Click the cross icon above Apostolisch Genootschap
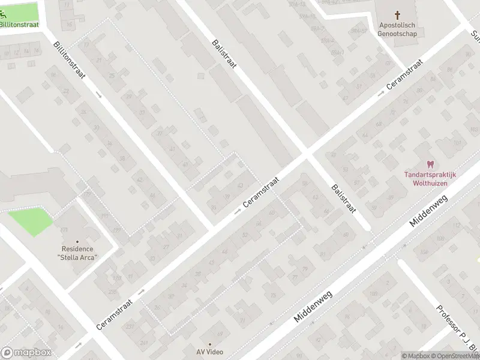[x=397, y=14]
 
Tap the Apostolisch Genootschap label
[x=397, y=29]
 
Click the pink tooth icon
[x=430, y=164]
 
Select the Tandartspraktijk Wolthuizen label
[x=430, y=178]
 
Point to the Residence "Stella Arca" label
[x=77, y=253]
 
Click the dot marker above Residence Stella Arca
[x=77, y=241]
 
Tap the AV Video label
[x=209, y=352]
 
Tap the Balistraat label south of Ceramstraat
[x=344, y=199]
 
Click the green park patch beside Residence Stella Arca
[x=30, y=221]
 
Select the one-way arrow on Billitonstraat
[x=98, y=94]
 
